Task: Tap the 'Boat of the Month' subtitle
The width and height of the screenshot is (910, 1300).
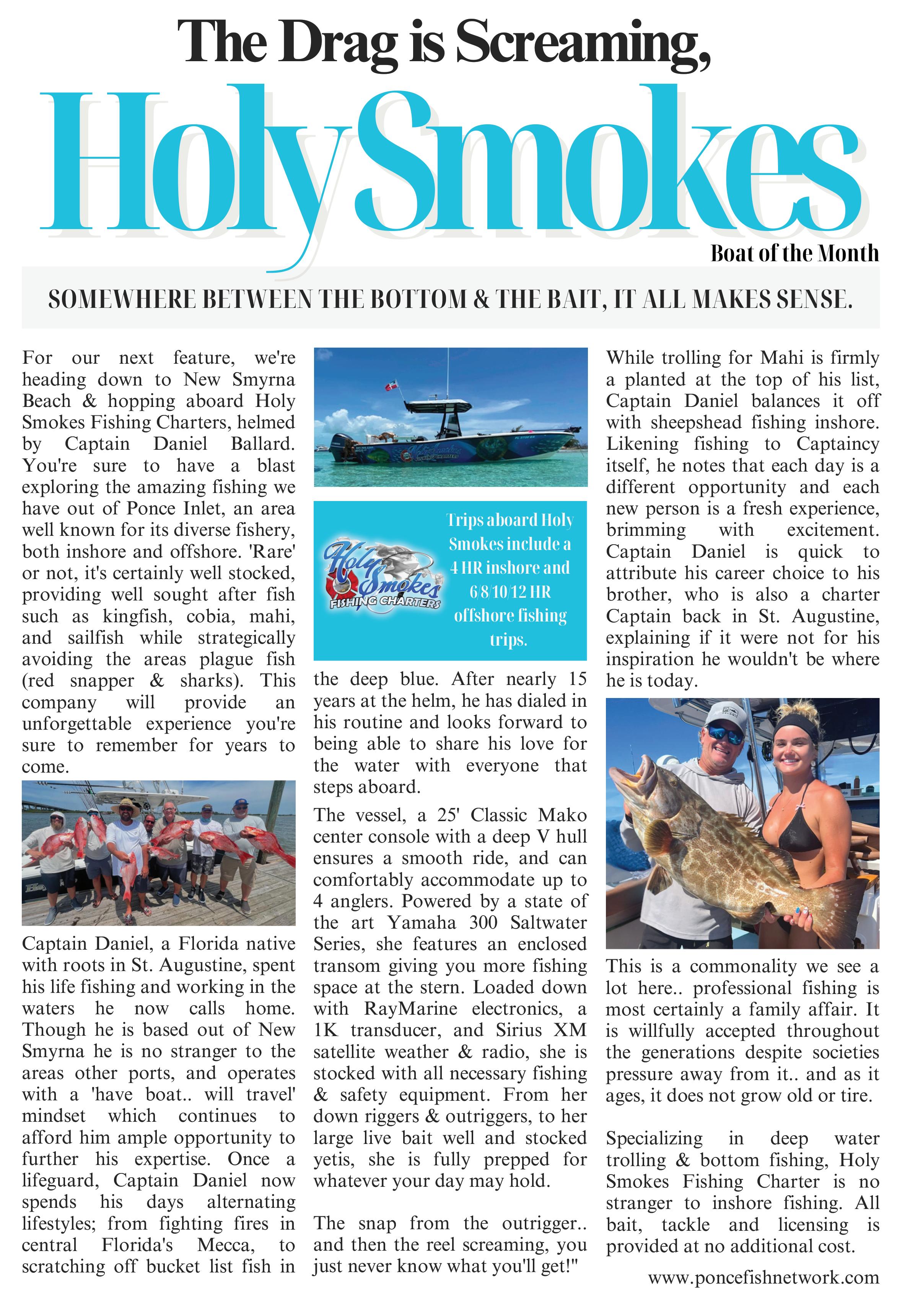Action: tap(794, 253)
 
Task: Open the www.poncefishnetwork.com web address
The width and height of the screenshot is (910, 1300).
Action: tap(763, 1277)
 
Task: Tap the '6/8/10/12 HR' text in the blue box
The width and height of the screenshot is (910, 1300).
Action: tap(510, 592)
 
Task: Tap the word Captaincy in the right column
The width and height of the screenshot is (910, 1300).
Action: tap(838, 444)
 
